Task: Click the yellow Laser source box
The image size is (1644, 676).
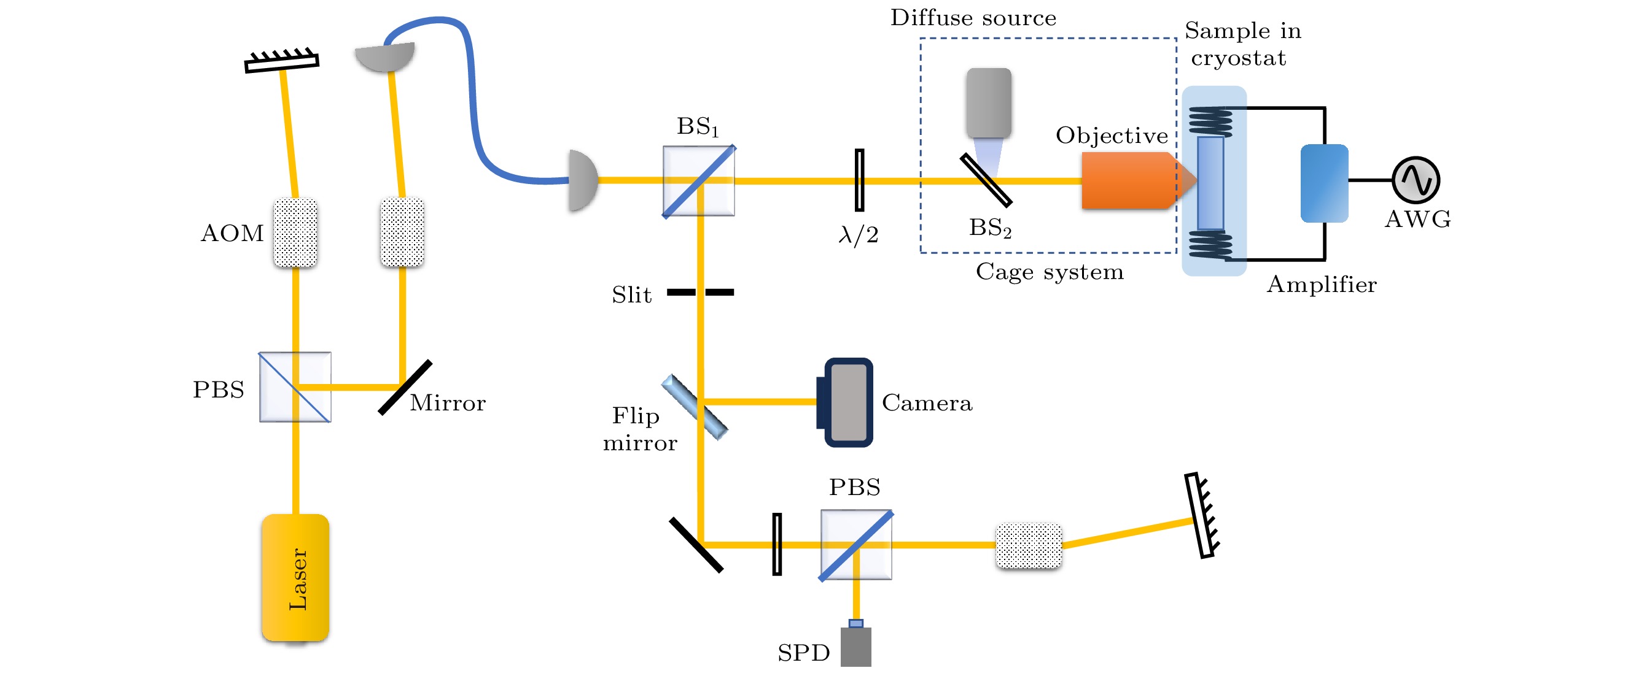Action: coord(295,577)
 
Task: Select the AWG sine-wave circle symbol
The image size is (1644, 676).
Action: coord(1416,180)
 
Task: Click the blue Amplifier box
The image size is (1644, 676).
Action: coord(1324,183)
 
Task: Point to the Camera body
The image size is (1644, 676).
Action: coord(847,402)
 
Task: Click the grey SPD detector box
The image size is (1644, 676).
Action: coord(855,647)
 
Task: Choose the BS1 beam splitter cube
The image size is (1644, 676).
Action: coord(699,181)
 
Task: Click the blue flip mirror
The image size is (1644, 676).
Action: coord(695,407)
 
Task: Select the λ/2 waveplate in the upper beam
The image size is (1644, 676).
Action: coord(860,180)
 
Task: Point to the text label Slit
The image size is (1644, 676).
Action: coord(632,294)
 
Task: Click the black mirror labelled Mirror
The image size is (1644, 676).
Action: coord(405,388)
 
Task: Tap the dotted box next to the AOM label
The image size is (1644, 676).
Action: coord(295,232)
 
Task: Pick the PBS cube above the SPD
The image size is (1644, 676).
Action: coord(856,545)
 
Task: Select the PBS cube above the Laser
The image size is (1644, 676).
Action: coord(295,387)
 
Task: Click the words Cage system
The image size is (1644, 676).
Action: coord(1049,272)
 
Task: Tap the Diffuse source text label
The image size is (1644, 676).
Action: coord(973,18)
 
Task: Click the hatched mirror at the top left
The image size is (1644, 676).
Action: coord(281,61)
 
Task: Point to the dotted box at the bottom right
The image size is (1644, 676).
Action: coord(1029,546)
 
